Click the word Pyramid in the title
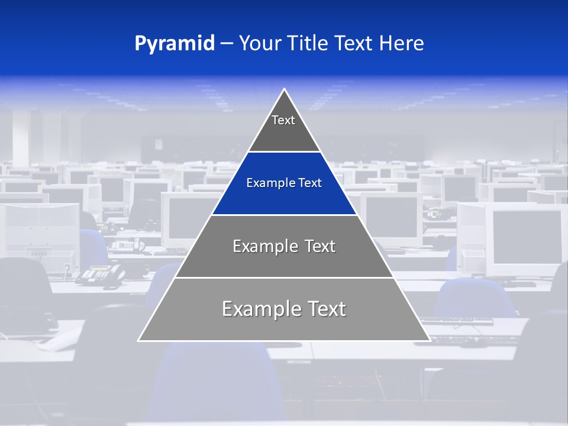coord(174,44)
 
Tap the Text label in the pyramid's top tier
coord(283,120)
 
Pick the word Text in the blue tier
coord(310,183)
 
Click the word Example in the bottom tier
coord(259,309)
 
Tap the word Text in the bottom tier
coord(325,309)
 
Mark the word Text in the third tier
coord(319,246)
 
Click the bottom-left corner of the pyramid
coord(139,340)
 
